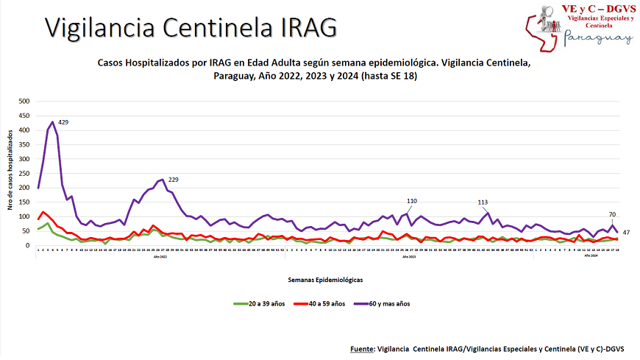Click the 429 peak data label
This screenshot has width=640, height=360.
(63, 122)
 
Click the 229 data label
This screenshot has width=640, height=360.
(174, 180)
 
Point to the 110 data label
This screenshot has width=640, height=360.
(412, 201)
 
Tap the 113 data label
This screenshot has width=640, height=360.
(483, 202)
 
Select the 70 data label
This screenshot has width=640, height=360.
(612, 215)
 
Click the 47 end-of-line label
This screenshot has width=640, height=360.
(627, 232)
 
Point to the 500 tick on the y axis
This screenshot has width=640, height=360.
(25, 102)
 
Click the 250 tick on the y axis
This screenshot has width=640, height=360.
(25, 174)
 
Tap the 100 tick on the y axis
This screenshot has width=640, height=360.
(25, 217)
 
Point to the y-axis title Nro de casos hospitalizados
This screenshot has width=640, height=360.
(12, 171)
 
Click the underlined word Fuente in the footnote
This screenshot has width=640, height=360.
(359, 348)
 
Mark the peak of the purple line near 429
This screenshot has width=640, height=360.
(52, 121)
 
